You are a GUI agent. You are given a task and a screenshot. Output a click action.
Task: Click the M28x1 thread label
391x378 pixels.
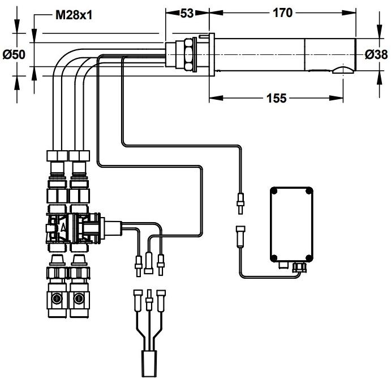point(74,15)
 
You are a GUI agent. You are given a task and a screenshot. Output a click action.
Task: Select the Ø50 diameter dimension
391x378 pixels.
point(14,55)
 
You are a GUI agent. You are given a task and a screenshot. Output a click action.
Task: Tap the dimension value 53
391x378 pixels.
point(187,14)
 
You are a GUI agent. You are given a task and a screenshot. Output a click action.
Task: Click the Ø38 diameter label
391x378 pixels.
point(376,55)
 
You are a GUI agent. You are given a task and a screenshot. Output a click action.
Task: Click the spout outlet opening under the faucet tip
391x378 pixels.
point(342,70)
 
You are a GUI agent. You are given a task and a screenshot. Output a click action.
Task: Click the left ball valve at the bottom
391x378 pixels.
point(57,298)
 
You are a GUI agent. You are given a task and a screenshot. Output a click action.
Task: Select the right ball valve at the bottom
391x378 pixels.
point(78,298)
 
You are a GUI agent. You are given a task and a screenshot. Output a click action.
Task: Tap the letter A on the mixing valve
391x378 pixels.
point(63,225)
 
